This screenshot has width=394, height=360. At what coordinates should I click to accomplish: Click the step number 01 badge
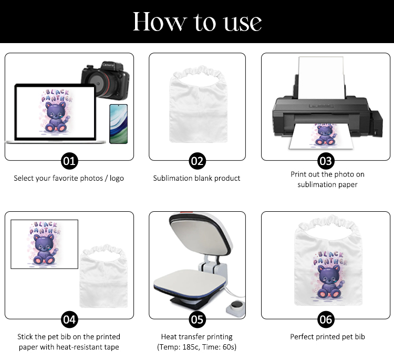tap(69, 161)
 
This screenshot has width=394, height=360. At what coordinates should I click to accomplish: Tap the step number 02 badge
tap(197, 161)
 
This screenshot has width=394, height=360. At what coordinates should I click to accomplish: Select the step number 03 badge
tap(326, 161)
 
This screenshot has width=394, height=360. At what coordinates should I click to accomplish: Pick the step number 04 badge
tap(69, 320)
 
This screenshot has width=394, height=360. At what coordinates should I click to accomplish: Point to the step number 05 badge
tap(197, 320)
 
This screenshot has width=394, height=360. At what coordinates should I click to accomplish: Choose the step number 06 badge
tap(326, 320)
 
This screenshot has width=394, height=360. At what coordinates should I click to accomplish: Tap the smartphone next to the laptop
tap(119, 124)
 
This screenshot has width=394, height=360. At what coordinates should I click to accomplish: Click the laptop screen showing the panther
tap(55, 112)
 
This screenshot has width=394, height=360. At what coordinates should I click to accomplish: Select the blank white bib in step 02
tap(198, 104)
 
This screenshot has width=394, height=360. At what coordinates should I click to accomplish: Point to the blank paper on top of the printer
tap(321, 78)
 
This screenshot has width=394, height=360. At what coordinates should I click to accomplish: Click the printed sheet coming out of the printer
tap(321, 136)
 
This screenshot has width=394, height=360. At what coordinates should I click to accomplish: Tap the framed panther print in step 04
tap(44, 244)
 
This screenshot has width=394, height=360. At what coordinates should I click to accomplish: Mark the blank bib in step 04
tap(103, 275)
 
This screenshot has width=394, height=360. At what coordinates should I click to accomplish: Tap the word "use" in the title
tap(243, 23)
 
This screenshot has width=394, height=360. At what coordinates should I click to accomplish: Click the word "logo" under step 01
tap(117, 179)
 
